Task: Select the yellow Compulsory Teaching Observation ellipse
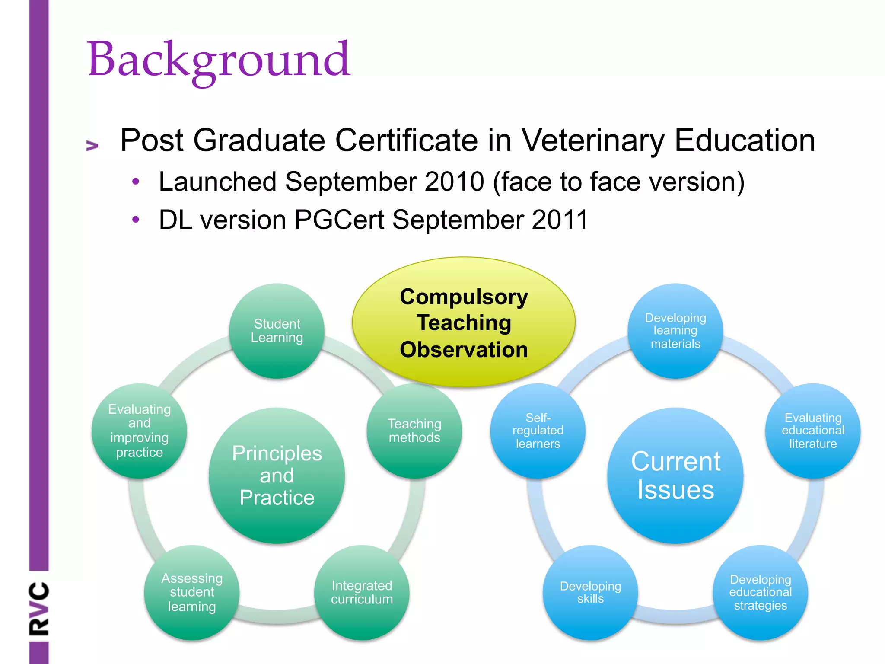pyautogui.click(x=464, y=322)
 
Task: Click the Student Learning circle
pyautogui.click(x=277, y=331)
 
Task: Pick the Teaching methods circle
pyautogui.click(x=414, y=431)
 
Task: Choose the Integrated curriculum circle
pyautogui.click(x=362, y=592)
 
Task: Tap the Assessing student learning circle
pyautogui.click(x=191, y=592)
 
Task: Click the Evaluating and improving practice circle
pyautogui.click(x=139, y=431)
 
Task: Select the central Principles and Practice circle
pyautogui.click(x=277, y=476)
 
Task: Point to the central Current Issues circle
pyautogui.click(x=675, y=476)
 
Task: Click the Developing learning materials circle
pyautogui.click(x=675, y=331)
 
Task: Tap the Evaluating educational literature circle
pyautogui.click(x=812, y=431)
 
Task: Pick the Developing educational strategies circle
pyautogui.click(x=760, y=592)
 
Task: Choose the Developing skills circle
pyautogui.click(x=590, y=592)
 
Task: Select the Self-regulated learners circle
pyautogui.click(x=538, y=431)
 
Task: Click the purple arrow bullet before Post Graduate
pyautogui.click(x=92, y=146)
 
